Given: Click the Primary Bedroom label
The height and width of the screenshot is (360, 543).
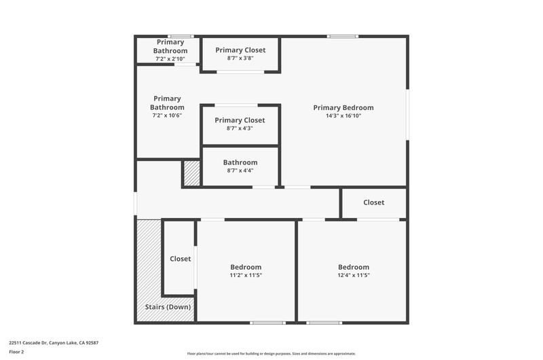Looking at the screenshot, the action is [x=343, y=108].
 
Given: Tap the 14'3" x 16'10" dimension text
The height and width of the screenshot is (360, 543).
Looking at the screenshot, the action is [x=343, y=115].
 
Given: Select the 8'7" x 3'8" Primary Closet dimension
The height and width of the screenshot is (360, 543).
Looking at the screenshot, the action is [x=240, y=58].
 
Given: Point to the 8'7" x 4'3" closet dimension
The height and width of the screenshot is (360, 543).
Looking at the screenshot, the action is [x=240, y=128].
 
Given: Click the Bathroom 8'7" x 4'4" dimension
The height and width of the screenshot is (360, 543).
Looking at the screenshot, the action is [x=240, y=170].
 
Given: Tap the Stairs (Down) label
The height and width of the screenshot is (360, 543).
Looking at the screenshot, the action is [x=168, y=307].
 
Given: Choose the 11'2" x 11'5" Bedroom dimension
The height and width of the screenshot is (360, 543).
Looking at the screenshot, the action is [x=246, y=275].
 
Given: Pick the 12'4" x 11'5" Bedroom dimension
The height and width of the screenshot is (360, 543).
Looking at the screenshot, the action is [x=354, y=275].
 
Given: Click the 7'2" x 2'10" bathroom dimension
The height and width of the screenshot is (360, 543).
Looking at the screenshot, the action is [x=170, y=59].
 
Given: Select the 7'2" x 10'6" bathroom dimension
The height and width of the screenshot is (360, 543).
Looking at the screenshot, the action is [x=167, y=115].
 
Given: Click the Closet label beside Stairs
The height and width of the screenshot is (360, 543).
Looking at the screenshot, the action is [x=180, y=259].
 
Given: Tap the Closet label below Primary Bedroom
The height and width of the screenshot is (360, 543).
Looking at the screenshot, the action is [x=374, y=202].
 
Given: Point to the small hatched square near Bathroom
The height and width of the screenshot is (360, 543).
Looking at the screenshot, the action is [x=192, y=173].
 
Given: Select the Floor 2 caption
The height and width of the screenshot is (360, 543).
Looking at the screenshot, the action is [x=16, y=352].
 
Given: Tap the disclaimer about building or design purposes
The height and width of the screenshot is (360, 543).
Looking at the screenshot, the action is [x=271, y=354].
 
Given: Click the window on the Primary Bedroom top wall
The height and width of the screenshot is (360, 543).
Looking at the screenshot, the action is [x=343, y=37].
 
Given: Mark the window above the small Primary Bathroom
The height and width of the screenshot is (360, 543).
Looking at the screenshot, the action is [x=181, y=37].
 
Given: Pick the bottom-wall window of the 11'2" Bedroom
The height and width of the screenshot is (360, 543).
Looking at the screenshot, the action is [x=267, y=323].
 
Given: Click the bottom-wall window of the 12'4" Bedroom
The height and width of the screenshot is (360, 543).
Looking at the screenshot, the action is [x=324, y=323].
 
